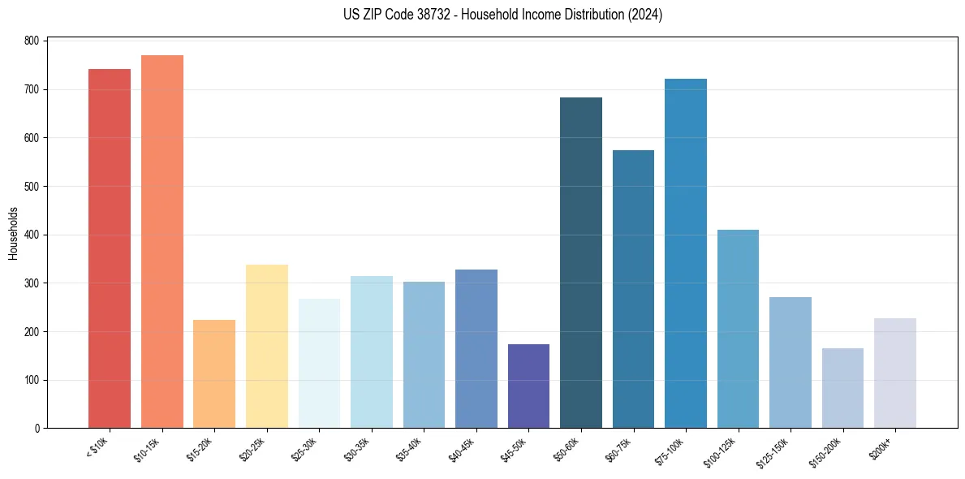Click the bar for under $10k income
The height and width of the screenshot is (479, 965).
[x=110, y=248]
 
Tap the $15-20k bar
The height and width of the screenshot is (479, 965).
[x=214, y=374]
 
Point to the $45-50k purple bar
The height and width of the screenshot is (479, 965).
[x=528, y=386]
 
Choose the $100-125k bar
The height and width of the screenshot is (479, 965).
[x=738, y=329]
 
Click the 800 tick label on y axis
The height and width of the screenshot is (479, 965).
[x=32, y=41]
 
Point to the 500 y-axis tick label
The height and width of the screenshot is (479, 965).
[x=32, y=187]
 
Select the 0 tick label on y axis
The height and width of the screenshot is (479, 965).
[x=37, y=429]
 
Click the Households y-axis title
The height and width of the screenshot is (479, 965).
[x=13, y=234]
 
